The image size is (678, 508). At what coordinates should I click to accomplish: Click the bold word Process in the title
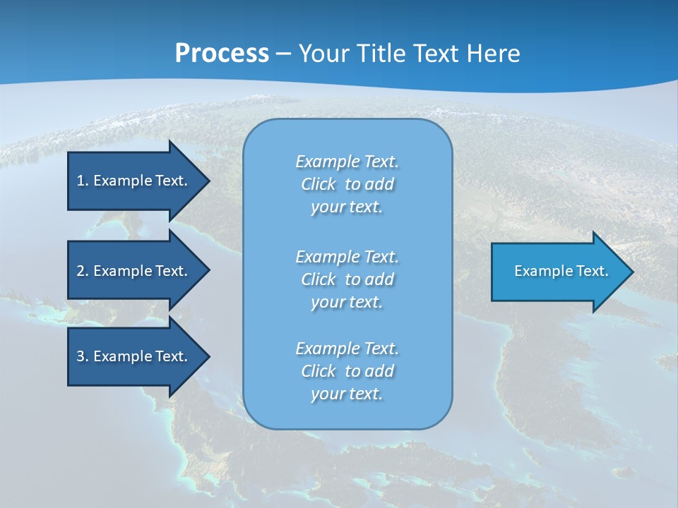point(222,54)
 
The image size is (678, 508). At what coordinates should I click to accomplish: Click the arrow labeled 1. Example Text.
point(132,181)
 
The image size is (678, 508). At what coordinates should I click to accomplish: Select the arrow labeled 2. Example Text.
point(132,271)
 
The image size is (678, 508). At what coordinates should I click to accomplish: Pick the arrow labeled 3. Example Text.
point(132,356)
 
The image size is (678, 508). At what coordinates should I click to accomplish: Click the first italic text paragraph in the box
point(347,184)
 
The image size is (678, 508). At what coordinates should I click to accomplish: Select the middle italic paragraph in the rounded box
point(347,279)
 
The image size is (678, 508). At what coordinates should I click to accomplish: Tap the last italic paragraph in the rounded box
point(347,371)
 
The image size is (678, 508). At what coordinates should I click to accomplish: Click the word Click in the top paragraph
point(318,185)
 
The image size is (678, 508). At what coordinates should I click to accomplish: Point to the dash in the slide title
point(283,54)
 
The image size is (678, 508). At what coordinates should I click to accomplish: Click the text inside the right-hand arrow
point(561,271)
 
